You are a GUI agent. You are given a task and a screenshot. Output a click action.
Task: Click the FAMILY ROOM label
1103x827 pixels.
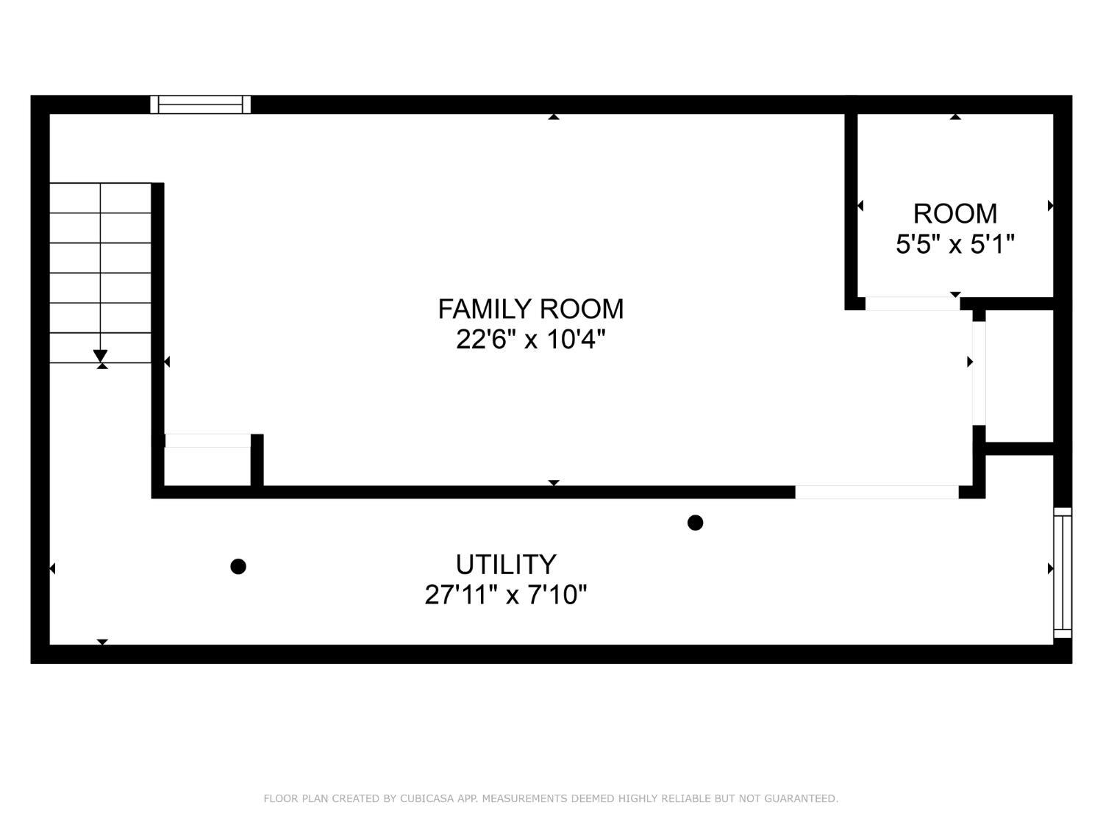coord(531,309)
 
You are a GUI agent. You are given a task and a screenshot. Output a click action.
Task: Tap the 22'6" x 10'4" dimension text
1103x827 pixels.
coord(531,340)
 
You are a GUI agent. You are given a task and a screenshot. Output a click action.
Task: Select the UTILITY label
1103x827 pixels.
coord(506,565)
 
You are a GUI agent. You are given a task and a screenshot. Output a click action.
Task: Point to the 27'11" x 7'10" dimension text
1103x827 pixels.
coord(506,595)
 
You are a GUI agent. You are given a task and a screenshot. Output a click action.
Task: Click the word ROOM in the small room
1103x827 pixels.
coord(955,214)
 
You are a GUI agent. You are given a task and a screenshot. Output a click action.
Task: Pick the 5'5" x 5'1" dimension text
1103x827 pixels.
coord(955,245)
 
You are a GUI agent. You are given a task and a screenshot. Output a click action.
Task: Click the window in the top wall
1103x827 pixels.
coord(201,104)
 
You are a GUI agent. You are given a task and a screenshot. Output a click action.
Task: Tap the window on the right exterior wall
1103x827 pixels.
coord(1063,573)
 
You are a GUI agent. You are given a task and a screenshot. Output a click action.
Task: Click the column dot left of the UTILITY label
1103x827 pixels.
coord(238,567)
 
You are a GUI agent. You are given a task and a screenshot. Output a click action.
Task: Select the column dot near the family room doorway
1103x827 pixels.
coord(695,523)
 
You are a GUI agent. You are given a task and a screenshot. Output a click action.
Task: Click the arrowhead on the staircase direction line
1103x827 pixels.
coord(101,356)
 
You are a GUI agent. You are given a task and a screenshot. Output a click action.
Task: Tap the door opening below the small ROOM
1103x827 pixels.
coord(913,304)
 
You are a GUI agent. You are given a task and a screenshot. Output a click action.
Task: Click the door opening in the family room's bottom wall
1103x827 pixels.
coord(877,492)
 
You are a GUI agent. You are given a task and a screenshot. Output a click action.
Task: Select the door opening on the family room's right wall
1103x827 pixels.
coord(979,373)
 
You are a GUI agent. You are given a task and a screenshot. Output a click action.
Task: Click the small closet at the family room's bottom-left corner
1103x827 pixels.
coord(207,466)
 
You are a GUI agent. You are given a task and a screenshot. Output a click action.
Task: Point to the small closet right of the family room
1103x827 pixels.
coord(1020,376)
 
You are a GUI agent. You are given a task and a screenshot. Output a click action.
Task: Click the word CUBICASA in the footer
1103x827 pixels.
coord(424,798)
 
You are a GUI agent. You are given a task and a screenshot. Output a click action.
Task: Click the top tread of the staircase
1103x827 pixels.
coord(101,198)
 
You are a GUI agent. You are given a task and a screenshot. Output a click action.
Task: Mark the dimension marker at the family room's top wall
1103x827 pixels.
coord(554,116)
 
